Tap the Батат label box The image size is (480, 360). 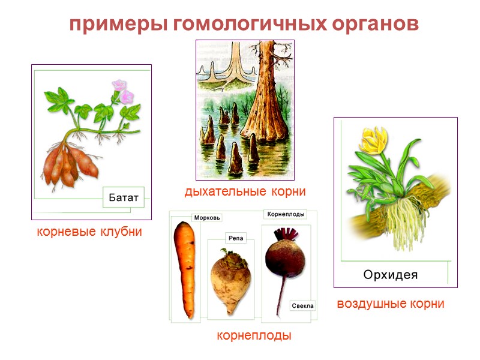124,197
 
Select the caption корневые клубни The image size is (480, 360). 89,232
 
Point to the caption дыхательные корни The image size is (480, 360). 245,192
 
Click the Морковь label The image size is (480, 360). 208,217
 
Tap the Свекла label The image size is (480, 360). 302,305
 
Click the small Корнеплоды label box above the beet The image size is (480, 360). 286,214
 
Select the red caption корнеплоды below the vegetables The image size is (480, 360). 254,336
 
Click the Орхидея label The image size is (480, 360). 390,275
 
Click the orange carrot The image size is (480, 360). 186,264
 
